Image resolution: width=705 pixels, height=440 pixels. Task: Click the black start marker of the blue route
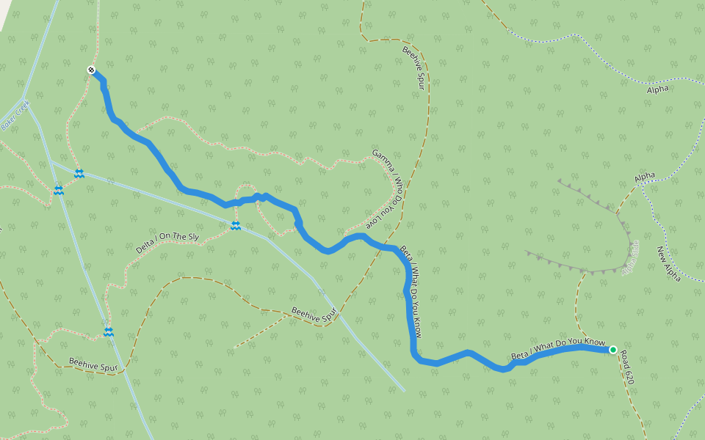coord(91,70)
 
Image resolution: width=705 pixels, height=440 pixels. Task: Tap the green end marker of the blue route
coord(612,350)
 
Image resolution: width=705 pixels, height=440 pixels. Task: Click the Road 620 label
coord(626,367)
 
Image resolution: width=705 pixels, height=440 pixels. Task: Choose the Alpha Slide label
coord(631,257)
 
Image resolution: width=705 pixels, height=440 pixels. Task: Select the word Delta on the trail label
coord(145,245)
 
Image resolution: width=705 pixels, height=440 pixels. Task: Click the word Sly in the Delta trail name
coord(190,237)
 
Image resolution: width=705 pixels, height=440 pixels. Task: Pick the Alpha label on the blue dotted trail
coord(657,89)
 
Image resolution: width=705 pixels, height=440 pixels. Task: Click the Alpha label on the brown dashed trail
coord(645,177)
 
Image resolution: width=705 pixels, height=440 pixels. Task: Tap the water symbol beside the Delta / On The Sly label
coord(236,226)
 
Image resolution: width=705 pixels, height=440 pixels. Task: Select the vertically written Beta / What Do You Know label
coord(411,292)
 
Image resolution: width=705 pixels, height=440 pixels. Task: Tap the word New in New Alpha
coord(662,253)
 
